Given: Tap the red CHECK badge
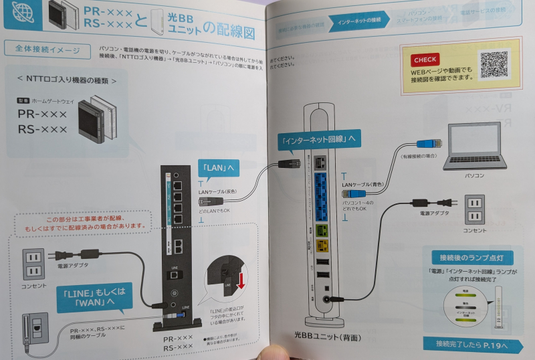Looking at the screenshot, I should [425, 60].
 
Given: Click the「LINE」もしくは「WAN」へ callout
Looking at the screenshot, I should [90, 296].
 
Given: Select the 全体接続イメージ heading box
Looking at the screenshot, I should [46, 50].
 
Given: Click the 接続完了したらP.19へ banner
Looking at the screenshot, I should [472, 345].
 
